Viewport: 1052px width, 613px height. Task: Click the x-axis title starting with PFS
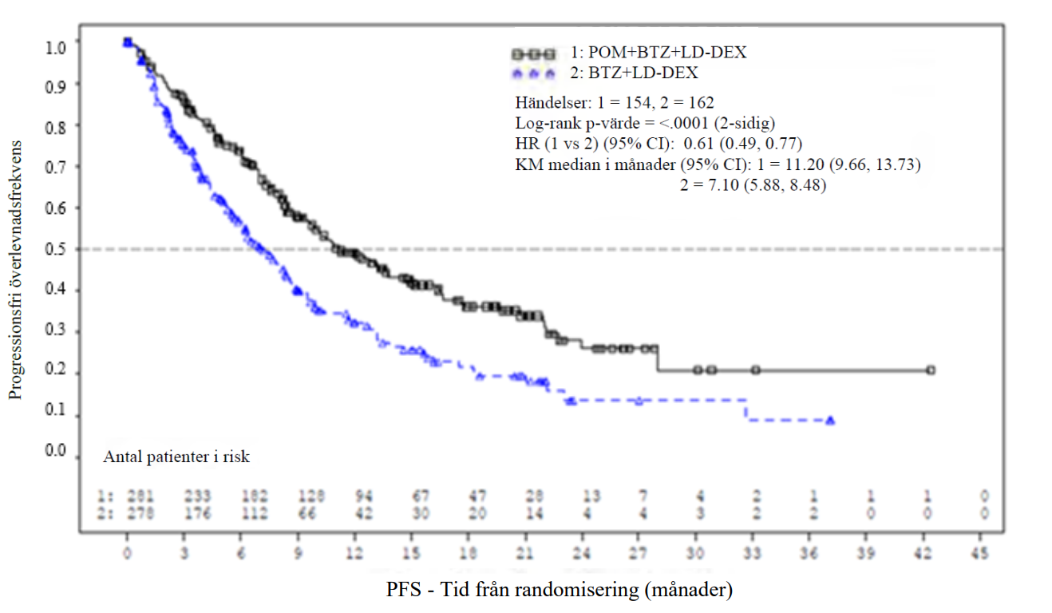560,591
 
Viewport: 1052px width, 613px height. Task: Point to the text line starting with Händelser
615,103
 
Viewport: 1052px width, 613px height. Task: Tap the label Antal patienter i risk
176,457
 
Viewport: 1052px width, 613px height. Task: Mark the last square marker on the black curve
931,370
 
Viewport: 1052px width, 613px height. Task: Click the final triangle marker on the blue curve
830,420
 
